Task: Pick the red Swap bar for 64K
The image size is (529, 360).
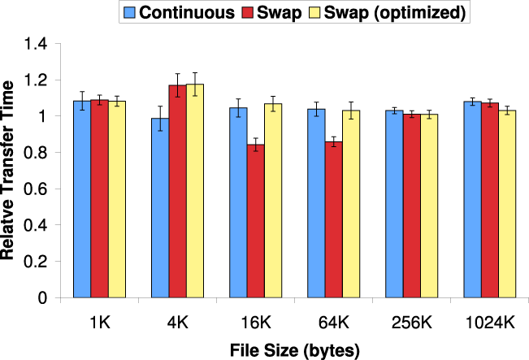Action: (333, 219)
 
